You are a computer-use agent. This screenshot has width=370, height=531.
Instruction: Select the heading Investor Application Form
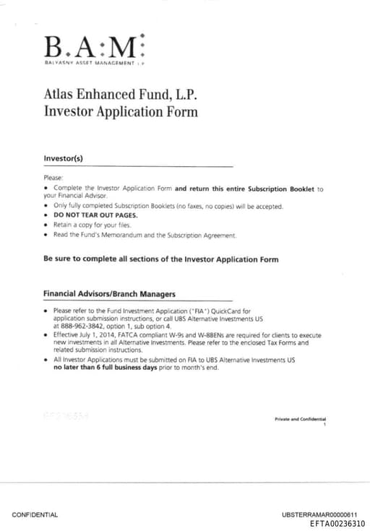click(121, 111)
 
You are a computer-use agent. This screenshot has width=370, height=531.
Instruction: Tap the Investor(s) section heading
click(64, 158)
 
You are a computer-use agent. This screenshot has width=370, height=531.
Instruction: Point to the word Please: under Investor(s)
click(53, 177)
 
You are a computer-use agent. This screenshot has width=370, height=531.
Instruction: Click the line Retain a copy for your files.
click(92, 225)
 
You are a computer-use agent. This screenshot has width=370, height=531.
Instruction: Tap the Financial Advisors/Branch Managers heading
click(109, 294)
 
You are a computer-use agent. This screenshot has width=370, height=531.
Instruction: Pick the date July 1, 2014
click(100, 335)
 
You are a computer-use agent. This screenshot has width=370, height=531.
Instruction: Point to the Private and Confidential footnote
click(300, 419)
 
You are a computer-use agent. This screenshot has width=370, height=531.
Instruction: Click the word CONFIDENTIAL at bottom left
click(35, 514)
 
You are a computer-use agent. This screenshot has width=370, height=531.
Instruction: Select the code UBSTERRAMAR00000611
click(319, 514)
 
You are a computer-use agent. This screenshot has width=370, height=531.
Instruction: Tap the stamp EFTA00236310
click(337, 524)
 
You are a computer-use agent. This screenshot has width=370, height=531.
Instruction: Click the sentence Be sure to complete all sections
click(160, 259)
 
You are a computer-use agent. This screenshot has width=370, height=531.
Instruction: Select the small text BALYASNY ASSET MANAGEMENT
click(91, 64)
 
